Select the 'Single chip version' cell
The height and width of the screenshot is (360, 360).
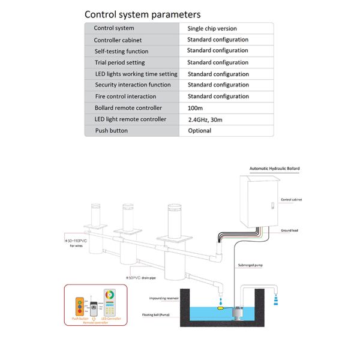(x=212, y=28)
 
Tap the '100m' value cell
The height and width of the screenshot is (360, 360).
(x=196, y=108)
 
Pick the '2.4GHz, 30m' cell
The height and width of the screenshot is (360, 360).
(x=205, y=119)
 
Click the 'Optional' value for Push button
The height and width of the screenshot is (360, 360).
(x=199, y=131)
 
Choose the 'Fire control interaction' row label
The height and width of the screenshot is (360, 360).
(x=125, y=97)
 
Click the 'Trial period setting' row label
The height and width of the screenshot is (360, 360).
(x=119, y=62)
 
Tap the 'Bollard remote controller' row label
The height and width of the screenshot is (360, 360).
(x=128, y=108)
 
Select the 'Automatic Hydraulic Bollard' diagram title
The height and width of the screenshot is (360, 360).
(x=275, y=169)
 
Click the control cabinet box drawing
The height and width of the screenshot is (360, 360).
(x=261, y=201)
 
